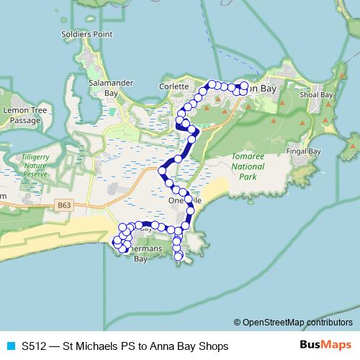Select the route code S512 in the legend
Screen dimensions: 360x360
click(34, 346)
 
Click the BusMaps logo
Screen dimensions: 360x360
click(326, 346)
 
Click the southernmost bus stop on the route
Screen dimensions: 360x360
click(179, 256)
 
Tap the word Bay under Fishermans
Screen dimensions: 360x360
click(141, 260)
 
